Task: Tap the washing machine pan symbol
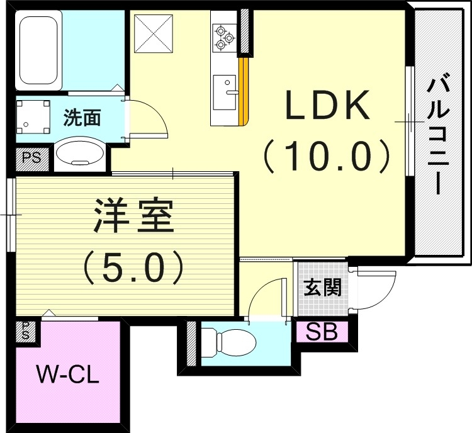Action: (32, 118)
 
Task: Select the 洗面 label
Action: (82, 117)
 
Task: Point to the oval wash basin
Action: (79, 154)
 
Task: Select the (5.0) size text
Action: (133, 267)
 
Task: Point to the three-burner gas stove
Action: (223, 37)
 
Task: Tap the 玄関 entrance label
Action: (322, 288)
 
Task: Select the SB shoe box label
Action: (322, 331)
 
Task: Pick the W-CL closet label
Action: (67, 376)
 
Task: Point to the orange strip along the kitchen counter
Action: (244, 91)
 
